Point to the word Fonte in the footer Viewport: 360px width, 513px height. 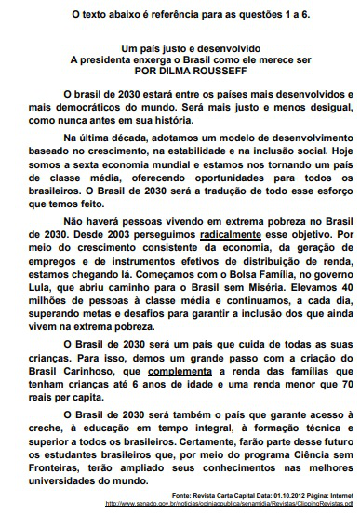(184, 496)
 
